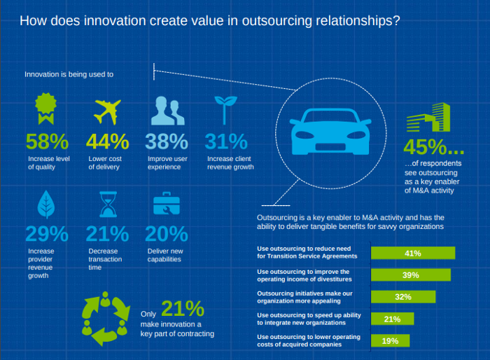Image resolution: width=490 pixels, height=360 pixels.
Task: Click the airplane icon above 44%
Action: pyautogui.click(x=107, y=112)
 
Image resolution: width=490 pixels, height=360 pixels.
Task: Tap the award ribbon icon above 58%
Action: pyautogui.click(x=45, y=111)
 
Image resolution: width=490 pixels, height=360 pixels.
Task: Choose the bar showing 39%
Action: pyautogui.click(x=410, y=275)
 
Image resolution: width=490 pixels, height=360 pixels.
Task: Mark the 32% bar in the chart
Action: pyautogui.click(x=402, y=297)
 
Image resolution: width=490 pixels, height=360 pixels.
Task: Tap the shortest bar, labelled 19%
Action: pyautogui.click(x=390, y=341)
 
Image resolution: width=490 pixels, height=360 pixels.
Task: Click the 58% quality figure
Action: pyautogui.click(x=47, y=141)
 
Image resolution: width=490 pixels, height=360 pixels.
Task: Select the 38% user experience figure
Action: pyautogui.click(x=167, y=141)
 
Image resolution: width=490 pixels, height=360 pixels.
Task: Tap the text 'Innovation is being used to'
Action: pyautogui.click(x=69, y=74)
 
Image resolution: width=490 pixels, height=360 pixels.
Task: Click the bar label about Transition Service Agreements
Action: pyautogui.click(x=307, y=253)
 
